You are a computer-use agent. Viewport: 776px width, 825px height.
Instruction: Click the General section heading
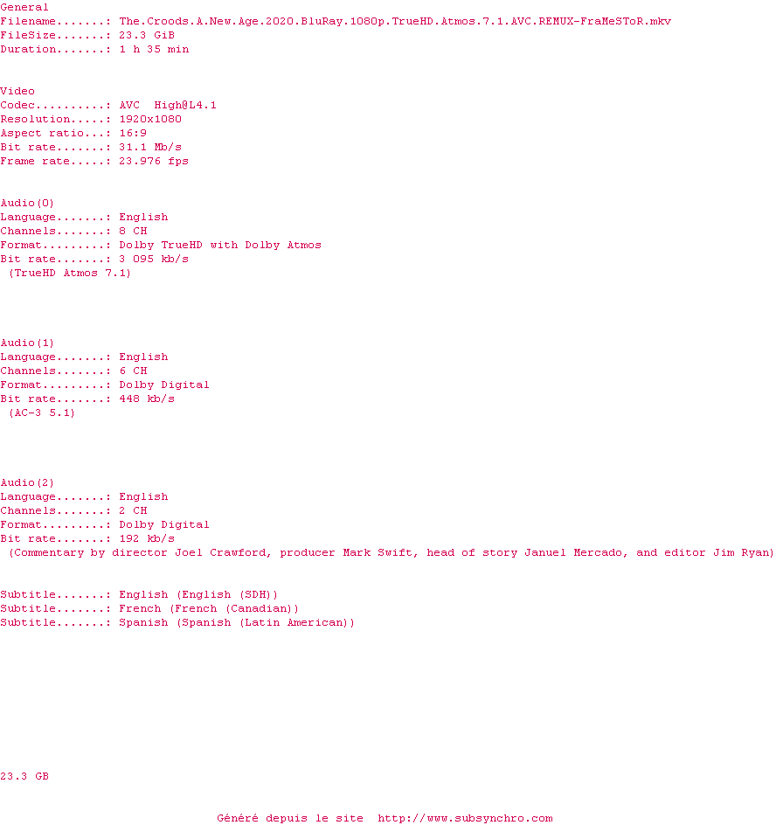pos(24,7)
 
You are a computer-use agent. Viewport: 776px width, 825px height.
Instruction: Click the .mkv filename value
pos(395,21)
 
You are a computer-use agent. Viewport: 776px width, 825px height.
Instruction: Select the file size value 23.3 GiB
pos(147,35)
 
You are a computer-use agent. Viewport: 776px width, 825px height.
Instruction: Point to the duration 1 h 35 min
pos(154,49)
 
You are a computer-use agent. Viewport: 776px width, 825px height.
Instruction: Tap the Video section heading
pos(17,91)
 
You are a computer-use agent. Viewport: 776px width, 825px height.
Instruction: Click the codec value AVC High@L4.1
pos(168,105)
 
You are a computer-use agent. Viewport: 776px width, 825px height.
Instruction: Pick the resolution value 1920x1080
pos(150,119)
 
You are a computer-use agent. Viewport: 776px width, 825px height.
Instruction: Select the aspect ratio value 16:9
pos(133,133)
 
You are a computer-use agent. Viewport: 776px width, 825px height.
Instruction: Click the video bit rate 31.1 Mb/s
pos(150,147)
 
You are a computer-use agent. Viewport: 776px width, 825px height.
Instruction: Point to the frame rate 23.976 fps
pos(154,161)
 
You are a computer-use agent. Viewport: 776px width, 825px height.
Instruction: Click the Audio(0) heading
pos(27,203)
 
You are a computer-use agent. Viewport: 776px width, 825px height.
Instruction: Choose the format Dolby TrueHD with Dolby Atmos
pos(220,245)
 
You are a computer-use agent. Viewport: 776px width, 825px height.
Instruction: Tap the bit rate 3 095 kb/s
pos(154,259)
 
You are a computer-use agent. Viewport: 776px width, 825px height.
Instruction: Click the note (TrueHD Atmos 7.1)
pos(70,273)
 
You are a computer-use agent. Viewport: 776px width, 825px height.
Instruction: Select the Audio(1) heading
pos(27,343)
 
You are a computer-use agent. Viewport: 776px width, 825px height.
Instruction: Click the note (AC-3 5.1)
pos(42,412)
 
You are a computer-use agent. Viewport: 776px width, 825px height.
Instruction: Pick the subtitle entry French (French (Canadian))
pos(209,608)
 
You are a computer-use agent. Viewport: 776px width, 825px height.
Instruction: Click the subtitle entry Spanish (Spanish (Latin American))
pos(237,622)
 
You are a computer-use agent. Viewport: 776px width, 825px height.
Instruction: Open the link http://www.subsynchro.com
pos(465,818)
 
